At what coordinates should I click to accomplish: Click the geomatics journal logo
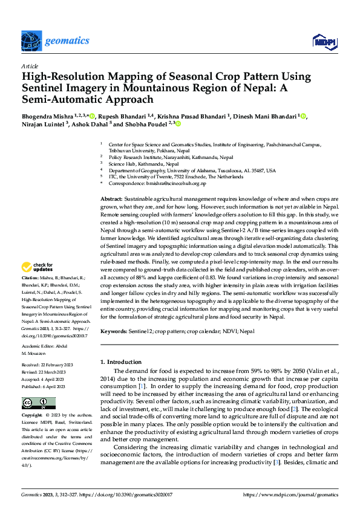tap(56, 41)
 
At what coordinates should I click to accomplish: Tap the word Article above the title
tap(29, 65)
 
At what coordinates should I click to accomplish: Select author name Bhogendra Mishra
tap(51, 115)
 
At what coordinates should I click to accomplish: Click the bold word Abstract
tap(111, 199)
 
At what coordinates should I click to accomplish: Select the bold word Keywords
tap(114, 332)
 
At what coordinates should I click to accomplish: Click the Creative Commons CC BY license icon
tap(38, 403)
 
